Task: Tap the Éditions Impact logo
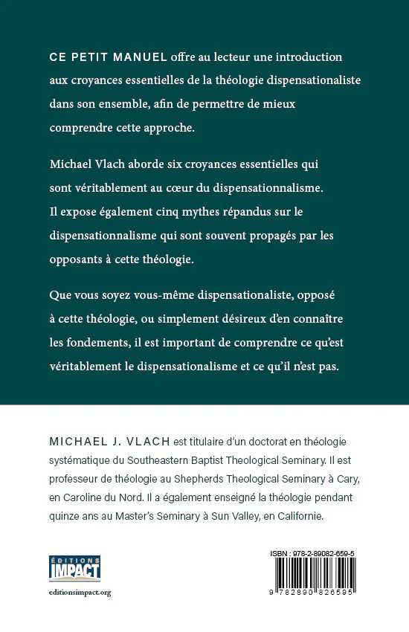pos(74,568)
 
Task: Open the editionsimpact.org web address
pos(80,593)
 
